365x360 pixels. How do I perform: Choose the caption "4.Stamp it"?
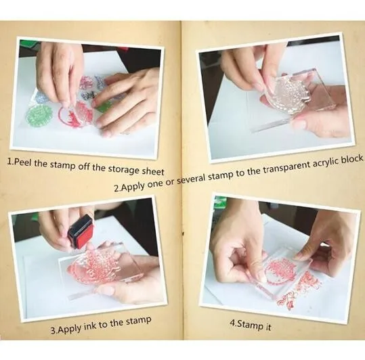(x=251, y=325)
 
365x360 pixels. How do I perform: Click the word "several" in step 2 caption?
(x=192, y=180)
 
